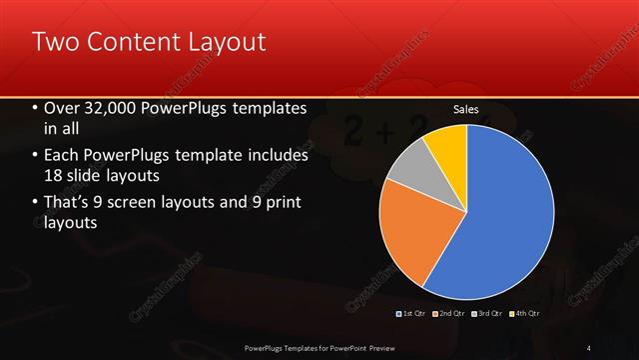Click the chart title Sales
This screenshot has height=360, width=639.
(x=466, y=108)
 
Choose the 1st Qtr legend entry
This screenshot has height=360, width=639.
(x=411, y=313)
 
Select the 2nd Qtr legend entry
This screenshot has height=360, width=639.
(x=451, y=313)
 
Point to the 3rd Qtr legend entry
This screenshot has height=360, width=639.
(x=487, y=313)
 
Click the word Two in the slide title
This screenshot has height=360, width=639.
(x=55, y=42)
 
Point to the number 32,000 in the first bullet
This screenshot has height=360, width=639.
(x=112, y=108)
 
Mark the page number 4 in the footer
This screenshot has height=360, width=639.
(x=588, y=348)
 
